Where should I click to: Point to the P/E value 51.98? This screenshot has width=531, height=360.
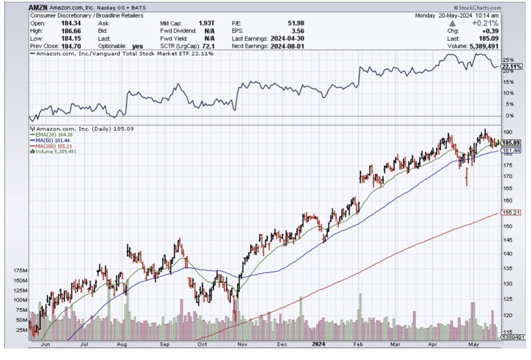click(296, 23)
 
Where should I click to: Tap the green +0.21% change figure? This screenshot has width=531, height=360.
click(485, 23)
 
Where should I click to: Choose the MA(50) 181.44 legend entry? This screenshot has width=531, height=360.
click(48, 140)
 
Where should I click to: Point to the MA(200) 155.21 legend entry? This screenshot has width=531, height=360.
click(49, 146)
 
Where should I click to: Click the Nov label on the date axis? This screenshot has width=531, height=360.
click(243, 344)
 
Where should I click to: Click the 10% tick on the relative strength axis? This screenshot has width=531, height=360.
click(506, 93)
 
